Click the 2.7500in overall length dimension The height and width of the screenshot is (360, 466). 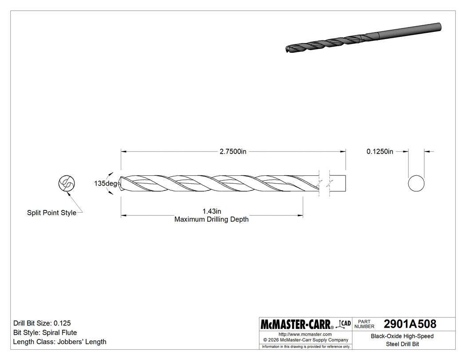click(x=233, y=151)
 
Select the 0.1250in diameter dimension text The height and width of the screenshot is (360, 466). click(x=379, y=151)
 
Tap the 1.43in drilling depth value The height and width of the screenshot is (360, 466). click(x=211, y=211)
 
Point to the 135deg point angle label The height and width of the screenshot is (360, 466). click(x=105, y=183)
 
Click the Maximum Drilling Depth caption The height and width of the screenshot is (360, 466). click(x=211, y=219)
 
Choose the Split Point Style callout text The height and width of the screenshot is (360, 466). click(x=51, y=213)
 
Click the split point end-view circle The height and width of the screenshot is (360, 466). click(x=67, y=183)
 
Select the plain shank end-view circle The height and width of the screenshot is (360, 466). click(x=416, y=183)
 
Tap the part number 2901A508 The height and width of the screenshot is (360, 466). click(x=410, y=324)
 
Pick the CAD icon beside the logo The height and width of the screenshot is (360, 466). click(x=344, y=324)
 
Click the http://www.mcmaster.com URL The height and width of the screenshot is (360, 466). click(x=305, y=334)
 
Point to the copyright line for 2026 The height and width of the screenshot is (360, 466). click(x=305, y=340)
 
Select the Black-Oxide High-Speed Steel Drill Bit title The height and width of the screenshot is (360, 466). click(x=402, y=340)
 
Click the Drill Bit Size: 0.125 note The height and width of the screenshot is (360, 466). click(x=42, y=323)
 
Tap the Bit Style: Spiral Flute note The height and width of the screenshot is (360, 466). click(x=45, y=332)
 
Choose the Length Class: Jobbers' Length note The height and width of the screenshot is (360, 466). click(x=59, y=342)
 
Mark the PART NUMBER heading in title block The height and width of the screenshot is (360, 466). click(x=364, y=324)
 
